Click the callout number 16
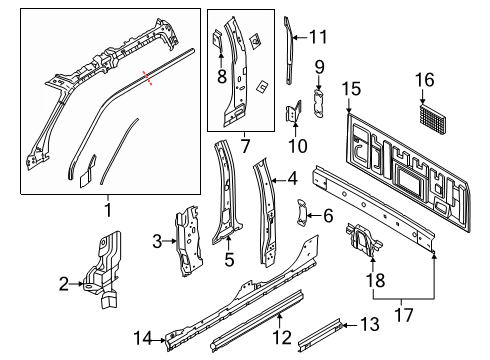coord(425,80)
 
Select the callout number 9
coord(319,67)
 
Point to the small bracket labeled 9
coord(319,103)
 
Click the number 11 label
coord(319,37)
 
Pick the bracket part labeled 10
coord(294,112)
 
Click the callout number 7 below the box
coord(245,146)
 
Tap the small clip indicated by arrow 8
coord(218,39)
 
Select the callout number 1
coord(108,210)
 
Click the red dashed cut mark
coord(147,78)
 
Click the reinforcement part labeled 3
coord(189,241)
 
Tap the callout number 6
coord(328,216)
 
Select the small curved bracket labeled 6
coord(302,212)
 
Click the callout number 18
coord(375,280)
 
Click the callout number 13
coord(370,324)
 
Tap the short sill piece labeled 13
coord(320,335)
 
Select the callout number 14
coord(143,338)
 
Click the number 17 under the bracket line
coord(404,315)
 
